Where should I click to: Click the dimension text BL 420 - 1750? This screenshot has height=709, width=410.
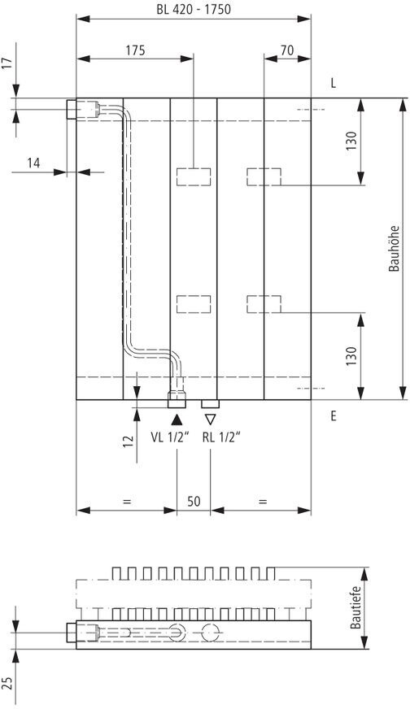tap(194, 10)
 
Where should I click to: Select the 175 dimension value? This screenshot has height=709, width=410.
tap(135, 50)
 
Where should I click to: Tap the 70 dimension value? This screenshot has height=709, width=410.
tap(287, 50)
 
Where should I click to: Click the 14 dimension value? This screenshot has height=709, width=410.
tap(33, 163)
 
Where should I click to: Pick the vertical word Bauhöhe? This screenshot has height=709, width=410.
tap(395, 249)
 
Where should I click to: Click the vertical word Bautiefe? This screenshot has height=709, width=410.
tap(355, 607)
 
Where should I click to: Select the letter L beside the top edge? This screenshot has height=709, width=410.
tap(333, 84)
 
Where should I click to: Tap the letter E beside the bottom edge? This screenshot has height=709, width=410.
tap(333, 416)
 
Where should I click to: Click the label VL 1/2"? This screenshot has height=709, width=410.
tap(170, 437)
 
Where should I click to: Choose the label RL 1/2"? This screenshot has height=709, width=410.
tap(220, 437)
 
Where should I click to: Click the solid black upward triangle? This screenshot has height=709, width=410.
tap(177, 420)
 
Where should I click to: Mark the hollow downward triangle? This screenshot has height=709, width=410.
tap(210, 420)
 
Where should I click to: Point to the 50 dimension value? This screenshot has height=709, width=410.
tap(194, 502)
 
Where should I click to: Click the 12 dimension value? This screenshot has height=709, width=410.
tap(128, 440)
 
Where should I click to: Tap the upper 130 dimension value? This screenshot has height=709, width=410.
tap(351, 141)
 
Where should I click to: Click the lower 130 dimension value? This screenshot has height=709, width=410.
tap(351, 356)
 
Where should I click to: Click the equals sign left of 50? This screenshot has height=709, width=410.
tap(126, 502)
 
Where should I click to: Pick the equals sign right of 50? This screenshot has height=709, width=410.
tap(263, 502)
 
